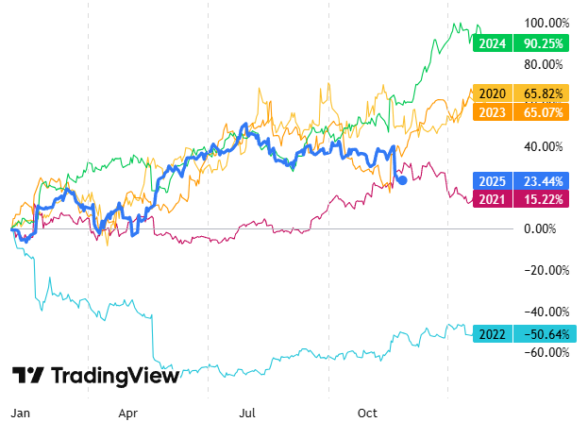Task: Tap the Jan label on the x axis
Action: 21,414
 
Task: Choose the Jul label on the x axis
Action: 247,414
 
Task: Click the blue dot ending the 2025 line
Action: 403,179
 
